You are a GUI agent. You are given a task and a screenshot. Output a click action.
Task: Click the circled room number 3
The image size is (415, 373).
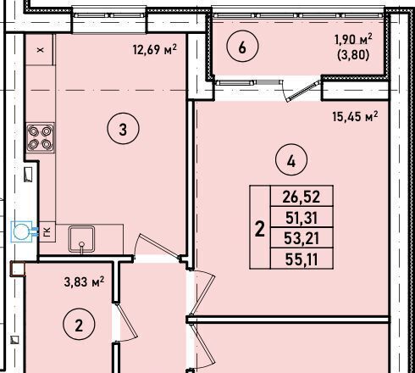click(x=123, y=129)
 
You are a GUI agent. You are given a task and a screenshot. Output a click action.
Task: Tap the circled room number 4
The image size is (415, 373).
click(x=291, y=160)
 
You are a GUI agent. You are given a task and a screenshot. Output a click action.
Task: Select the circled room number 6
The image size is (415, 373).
click(x=242, y=46)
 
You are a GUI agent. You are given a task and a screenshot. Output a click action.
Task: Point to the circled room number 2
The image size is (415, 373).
click(x=79, y=324)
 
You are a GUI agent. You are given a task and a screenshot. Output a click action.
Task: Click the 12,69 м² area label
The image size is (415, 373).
click(x=155, y=49)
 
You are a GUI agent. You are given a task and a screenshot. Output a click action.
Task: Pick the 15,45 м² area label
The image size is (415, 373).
click(x=355, y=116)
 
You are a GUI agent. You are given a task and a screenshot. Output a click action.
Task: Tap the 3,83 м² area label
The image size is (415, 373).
click(x=84, y=281)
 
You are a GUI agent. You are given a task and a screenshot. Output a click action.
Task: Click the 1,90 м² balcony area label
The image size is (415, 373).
click(x=353, y=39)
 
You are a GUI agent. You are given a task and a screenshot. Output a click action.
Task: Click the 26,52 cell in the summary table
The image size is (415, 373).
click(x=302, y=196)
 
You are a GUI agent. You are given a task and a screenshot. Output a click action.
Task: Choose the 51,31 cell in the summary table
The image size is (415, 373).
click(x=302, y=217)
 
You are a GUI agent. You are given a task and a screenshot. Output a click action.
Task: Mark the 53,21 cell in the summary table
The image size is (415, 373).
click(x=302, y=237)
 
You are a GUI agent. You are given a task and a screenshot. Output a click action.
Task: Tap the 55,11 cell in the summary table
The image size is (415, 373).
click(x=302, y=259)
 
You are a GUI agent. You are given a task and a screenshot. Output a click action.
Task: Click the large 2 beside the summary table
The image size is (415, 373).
click(x=260, y=228)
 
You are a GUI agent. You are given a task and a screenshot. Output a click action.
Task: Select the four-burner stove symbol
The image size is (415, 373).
click(x=41, y=138)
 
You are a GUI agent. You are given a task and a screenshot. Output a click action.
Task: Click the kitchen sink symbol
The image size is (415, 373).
click(x=81, y=239)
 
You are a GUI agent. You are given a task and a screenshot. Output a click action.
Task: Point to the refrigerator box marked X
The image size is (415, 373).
click(x=40, y=50)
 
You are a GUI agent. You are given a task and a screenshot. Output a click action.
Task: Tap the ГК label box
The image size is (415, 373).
click(x=47, y=231)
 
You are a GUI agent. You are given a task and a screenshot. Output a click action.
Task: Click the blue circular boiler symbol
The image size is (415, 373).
click(x=21, y=232)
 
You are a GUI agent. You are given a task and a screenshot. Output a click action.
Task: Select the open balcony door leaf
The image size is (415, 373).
click(x=304, y=91)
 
